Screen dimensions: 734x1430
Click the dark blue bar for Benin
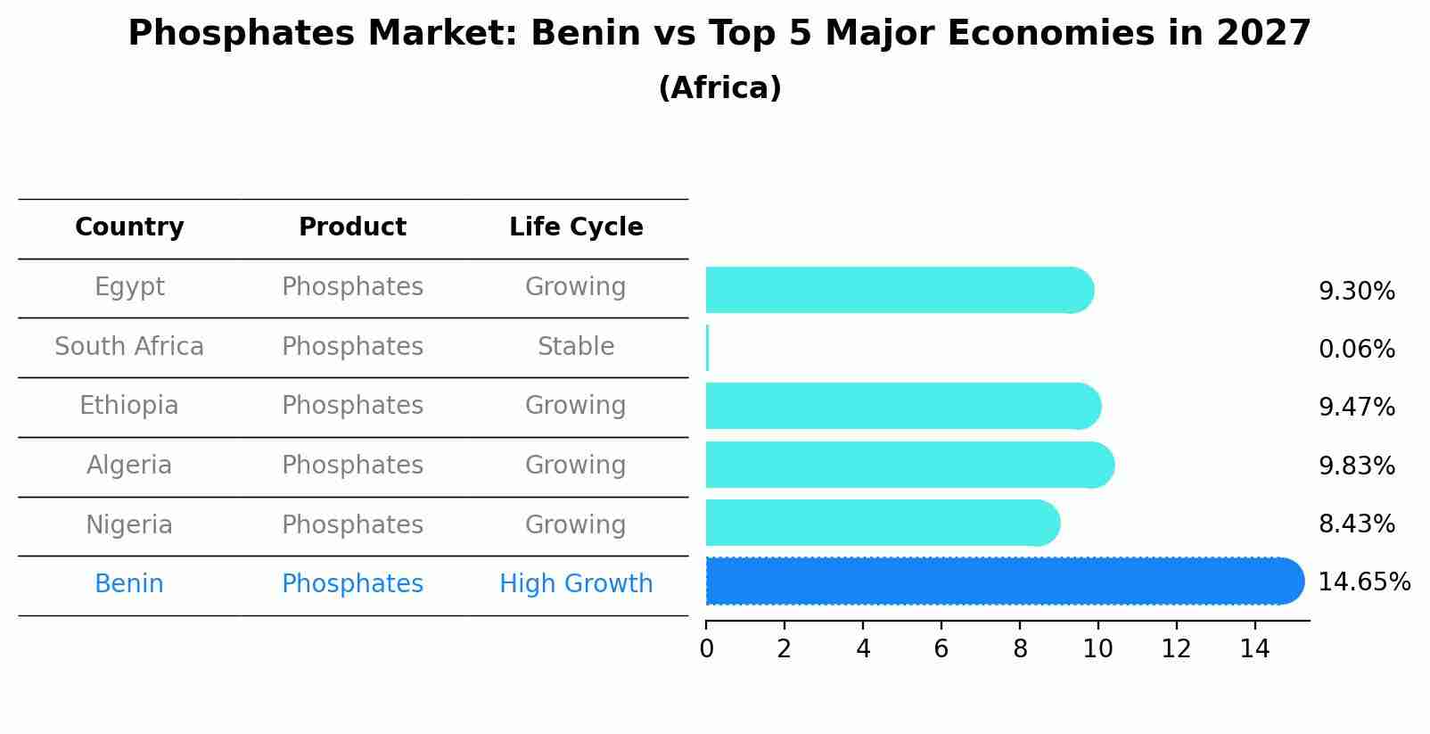tap(1004, 581)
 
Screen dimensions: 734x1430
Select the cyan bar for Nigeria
tap(883, 523)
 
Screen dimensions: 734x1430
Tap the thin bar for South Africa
tap(707, 348)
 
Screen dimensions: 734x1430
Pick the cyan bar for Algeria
tap(909, 465)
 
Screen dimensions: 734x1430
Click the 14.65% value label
tap(1363, 582)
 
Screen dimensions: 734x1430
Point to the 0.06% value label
tap(1356, 350)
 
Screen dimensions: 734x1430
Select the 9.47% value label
tap(1356, 408)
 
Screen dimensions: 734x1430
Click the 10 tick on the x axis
tap(1097, 649)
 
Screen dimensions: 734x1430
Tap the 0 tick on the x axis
tap(706, 649)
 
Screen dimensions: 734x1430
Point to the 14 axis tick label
tap(1254, 649)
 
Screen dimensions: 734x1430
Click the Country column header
tap(129, 227)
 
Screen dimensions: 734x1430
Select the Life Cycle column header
tap(576, 227)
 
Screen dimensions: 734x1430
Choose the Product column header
tap(352, 227)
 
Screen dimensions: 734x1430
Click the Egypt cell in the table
tap(129, 287)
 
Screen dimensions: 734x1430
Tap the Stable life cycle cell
tap(576, 347)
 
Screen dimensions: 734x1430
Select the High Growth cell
tap(576, 584)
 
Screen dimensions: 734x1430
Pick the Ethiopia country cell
tap(129, 406)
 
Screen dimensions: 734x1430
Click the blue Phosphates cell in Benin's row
tap(352, 584)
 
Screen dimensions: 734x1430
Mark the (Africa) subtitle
tap(719, 88)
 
